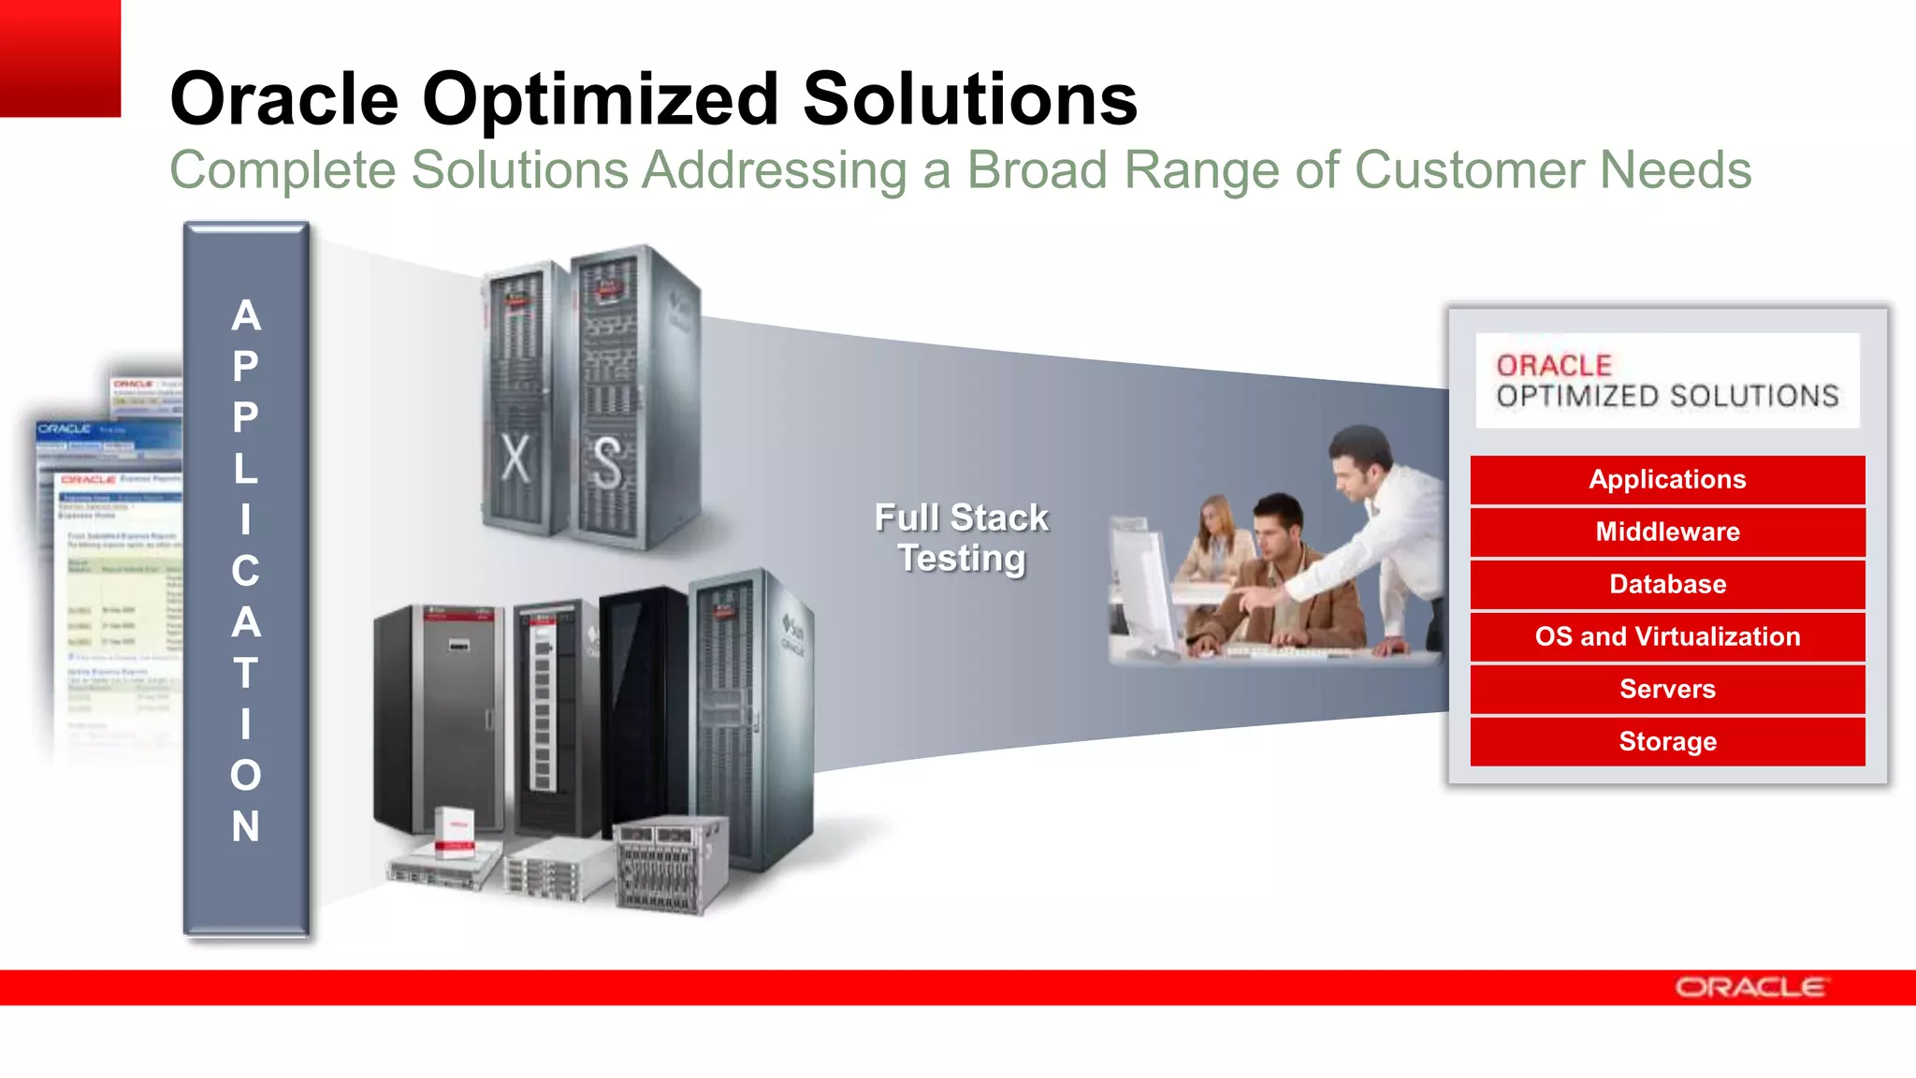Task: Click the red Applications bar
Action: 1667,480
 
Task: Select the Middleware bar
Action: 1667,532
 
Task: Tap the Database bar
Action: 1667,585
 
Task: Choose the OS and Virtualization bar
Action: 1667,637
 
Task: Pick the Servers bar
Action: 1667,690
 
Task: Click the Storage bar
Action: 1667,742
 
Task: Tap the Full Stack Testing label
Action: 962,538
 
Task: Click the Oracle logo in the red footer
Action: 1749,987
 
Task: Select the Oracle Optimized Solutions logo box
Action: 1667,381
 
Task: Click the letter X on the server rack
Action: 515,459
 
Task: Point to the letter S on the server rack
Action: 607,463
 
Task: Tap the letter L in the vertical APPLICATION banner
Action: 246,468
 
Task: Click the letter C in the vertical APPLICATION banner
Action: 246,571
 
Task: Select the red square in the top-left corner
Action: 60,58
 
